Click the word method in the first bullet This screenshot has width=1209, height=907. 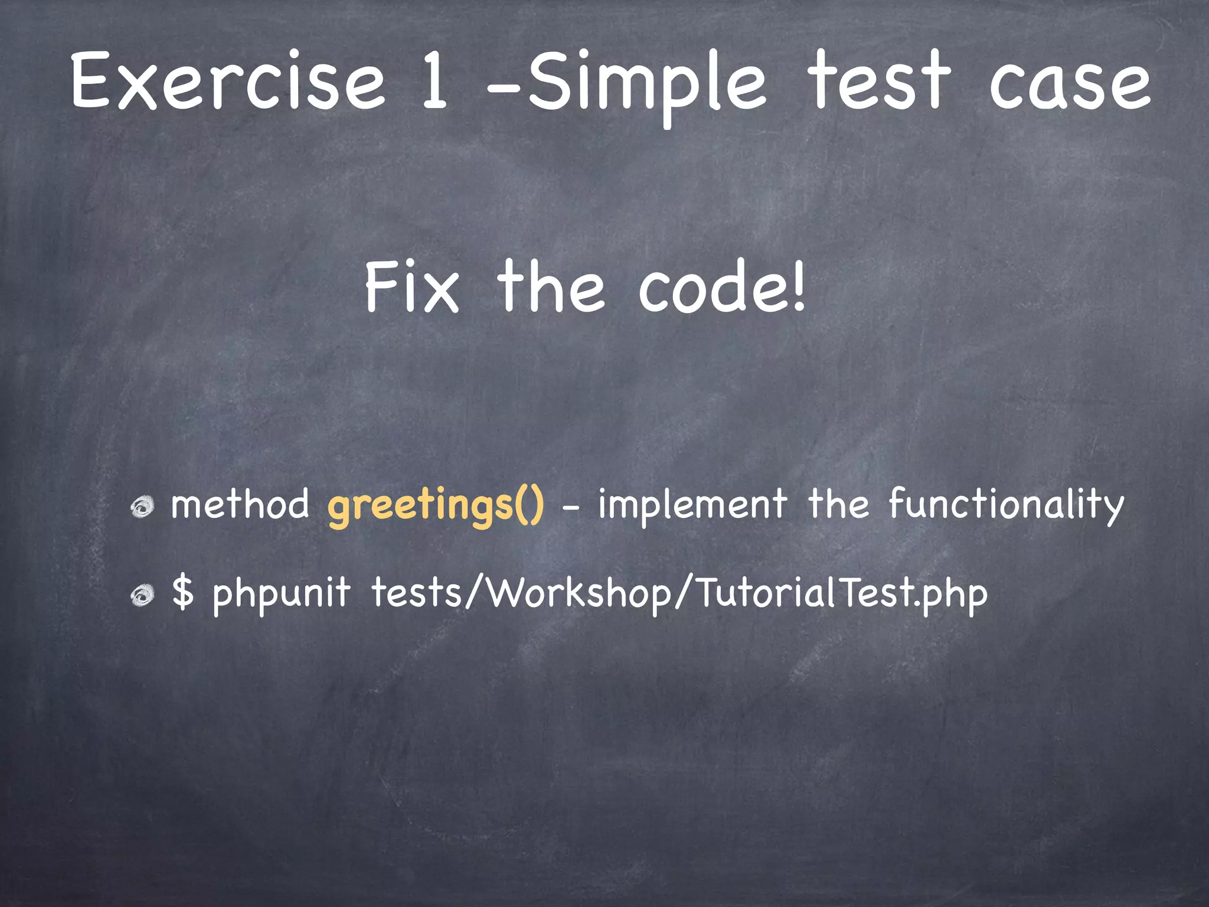pos(240,505)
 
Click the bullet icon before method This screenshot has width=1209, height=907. pos(142,507)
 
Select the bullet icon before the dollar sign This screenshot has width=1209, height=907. pos(142,595)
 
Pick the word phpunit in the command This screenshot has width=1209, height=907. pos(281,594)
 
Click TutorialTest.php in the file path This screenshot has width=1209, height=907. pos(842,594)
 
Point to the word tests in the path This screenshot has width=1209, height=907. pos(416,593)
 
